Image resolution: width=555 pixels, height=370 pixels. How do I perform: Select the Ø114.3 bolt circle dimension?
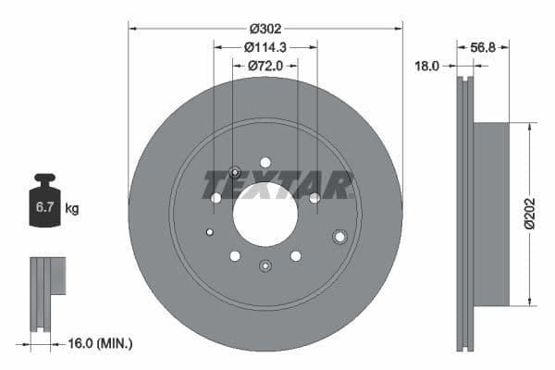265,46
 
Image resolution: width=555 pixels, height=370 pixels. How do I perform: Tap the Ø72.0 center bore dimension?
265,66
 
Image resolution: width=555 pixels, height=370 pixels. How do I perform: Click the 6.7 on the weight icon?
45,208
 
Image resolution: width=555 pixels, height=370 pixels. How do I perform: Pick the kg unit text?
72,209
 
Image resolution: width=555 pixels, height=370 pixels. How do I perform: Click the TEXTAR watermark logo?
277,184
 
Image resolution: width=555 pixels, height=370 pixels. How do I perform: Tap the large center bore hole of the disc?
265,215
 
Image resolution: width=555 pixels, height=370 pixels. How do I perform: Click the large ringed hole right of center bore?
339,237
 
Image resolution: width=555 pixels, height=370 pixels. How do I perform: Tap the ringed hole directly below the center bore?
265,266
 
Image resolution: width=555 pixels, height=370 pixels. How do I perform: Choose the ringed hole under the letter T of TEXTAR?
234,172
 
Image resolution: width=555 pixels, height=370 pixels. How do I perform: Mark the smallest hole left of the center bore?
210,231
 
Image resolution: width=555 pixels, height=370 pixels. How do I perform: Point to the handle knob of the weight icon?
45,178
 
